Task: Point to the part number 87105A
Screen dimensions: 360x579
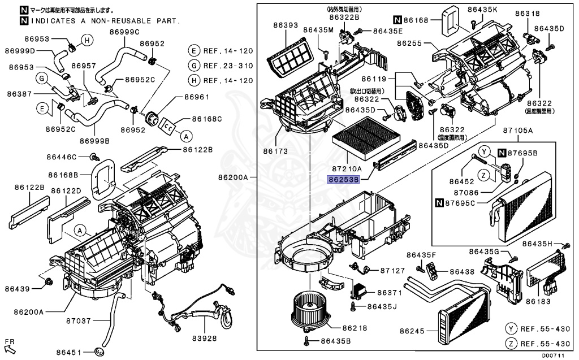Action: (x=518, y=131)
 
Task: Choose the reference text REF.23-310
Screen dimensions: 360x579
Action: (x=229, y=66)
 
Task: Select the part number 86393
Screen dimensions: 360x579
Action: (x=286, y=25)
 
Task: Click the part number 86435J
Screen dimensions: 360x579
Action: (x=382, y=306)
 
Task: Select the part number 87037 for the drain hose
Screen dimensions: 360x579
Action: (x=78, y=320)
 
